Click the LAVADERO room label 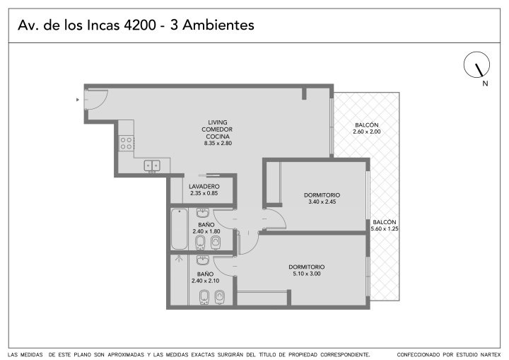click(x=204, y=187)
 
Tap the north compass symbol click(x=476, y=64)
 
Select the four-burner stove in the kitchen click(x=127, y=144)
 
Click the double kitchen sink click(x=152, y=166)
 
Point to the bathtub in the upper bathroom click(x=179, y=229)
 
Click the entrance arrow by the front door click(x=78, y=100)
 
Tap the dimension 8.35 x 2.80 click(x=218, y=144)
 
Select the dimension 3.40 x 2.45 click(x=322, y=202)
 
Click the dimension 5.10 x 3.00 click(x=306, y=274)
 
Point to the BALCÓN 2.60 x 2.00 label click(x=367, y=128)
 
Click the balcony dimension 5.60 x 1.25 click(x=385, y=228)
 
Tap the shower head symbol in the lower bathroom click(x=178, y=259)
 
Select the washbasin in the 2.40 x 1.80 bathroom click(x=203, y=213)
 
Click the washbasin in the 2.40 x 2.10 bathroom click(x=203, y=260)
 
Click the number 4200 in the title click(x=140, y=25)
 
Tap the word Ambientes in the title click(x=218, y=25)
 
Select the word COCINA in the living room click(x=218, y=137)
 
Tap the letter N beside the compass click(x=485, y=83)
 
